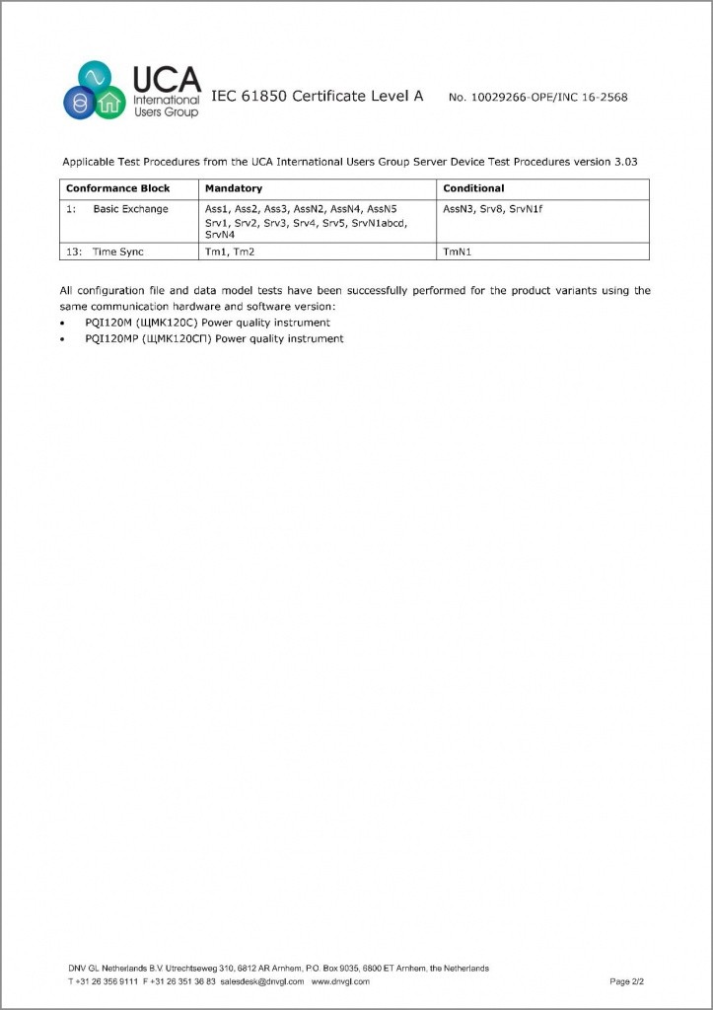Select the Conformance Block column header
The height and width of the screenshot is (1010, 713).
point(117,188)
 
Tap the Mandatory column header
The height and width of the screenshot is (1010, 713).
point(233,188)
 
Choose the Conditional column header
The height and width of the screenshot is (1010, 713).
point(473,188)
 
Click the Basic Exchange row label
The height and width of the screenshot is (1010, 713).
point(130,209)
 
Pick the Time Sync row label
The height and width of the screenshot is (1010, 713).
point(118,252)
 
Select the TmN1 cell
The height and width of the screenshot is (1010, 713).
point(458,252)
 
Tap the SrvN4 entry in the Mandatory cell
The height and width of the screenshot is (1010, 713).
point(219,235)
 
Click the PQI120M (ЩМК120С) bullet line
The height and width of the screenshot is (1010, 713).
point(207,323)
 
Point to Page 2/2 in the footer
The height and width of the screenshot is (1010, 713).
point(626,981)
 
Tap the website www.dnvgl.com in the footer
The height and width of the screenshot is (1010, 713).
point(340,981)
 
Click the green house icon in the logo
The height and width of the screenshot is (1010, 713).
point(110,102)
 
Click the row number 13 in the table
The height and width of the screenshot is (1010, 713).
point(72,252)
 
